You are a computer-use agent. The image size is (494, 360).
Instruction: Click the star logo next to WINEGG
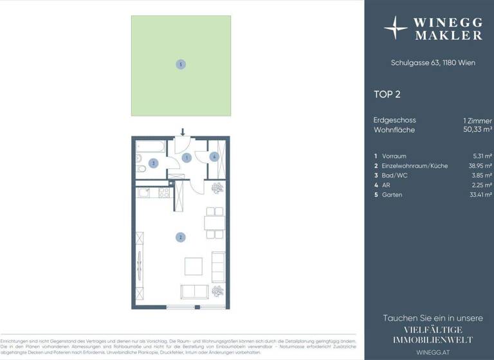click(x=395, y=28)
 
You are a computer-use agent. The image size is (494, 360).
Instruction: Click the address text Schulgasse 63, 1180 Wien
click(x=428, y=63)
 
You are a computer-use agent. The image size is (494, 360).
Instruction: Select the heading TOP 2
click(x=387, y=94)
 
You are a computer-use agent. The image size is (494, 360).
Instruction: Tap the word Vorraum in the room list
click(x=394, y=156)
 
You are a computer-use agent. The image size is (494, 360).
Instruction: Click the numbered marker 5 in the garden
click(x=181, y=64)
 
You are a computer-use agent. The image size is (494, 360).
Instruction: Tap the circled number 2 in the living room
click(x=181, y=237)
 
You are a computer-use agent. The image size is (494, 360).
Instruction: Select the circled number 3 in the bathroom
click(x=153, y=163)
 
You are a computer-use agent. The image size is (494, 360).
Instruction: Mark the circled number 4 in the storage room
click(x=215, y=156)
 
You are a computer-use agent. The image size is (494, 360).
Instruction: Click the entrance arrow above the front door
click(x=183, y=132)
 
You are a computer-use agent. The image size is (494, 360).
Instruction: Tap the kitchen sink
click(x=143, y=191)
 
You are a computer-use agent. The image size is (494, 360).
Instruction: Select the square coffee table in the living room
click(x=194, y=266)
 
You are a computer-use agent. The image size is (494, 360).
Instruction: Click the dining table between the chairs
click(x=214, y=222)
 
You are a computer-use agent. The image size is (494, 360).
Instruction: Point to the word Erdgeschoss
click(x=395, y=120)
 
